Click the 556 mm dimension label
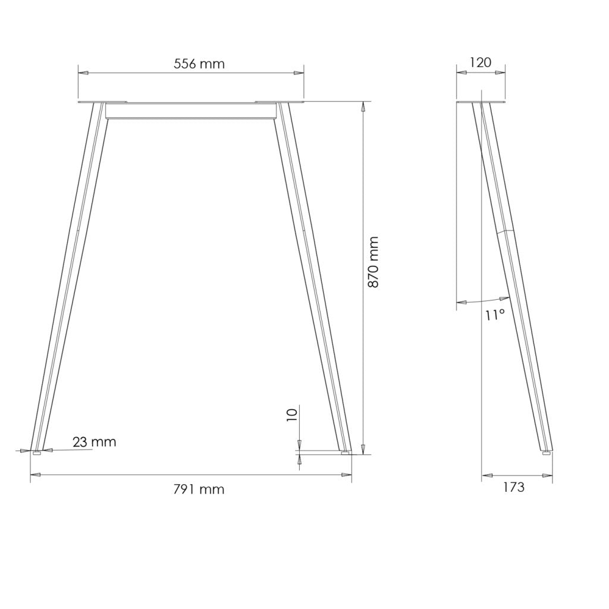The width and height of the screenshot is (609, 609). pyautogui.click(x=199, y=64)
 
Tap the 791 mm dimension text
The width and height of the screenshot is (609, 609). pyautogui.click(x=199, y=489)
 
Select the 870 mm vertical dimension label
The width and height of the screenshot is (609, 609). pyautogui.click(x=373, y=262)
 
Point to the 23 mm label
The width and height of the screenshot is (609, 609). pyautogui.click(x=95, y=442)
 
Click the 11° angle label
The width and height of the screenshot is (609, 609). pyautogui.click(x=494, y=315)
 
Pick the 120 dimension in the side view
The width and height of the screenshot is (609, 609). pyautogui.click(x=481, y=62)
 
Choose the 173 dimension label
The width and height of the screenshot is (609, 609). pyautogui.click(x=513, y=488)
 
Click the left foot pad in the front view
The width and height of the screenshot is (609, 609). pyautogui.click(x=37, y=453)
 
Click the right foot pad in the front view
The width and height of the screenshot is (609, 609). pyautogui.click(x=345, y=453)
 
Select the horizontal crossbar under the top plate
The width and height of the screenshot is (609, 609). pyautogui.click(x=191, y=111)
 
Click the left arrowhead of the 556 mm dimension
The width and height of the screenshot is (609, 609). pyautogui.click(x=83, y=73)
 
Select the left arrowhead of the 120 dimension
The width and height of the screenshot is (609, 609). pyautogui.click(x=460, y=73)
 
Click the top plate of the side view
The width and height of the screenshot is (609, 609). pyautogui.click(x=482, y=102)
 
